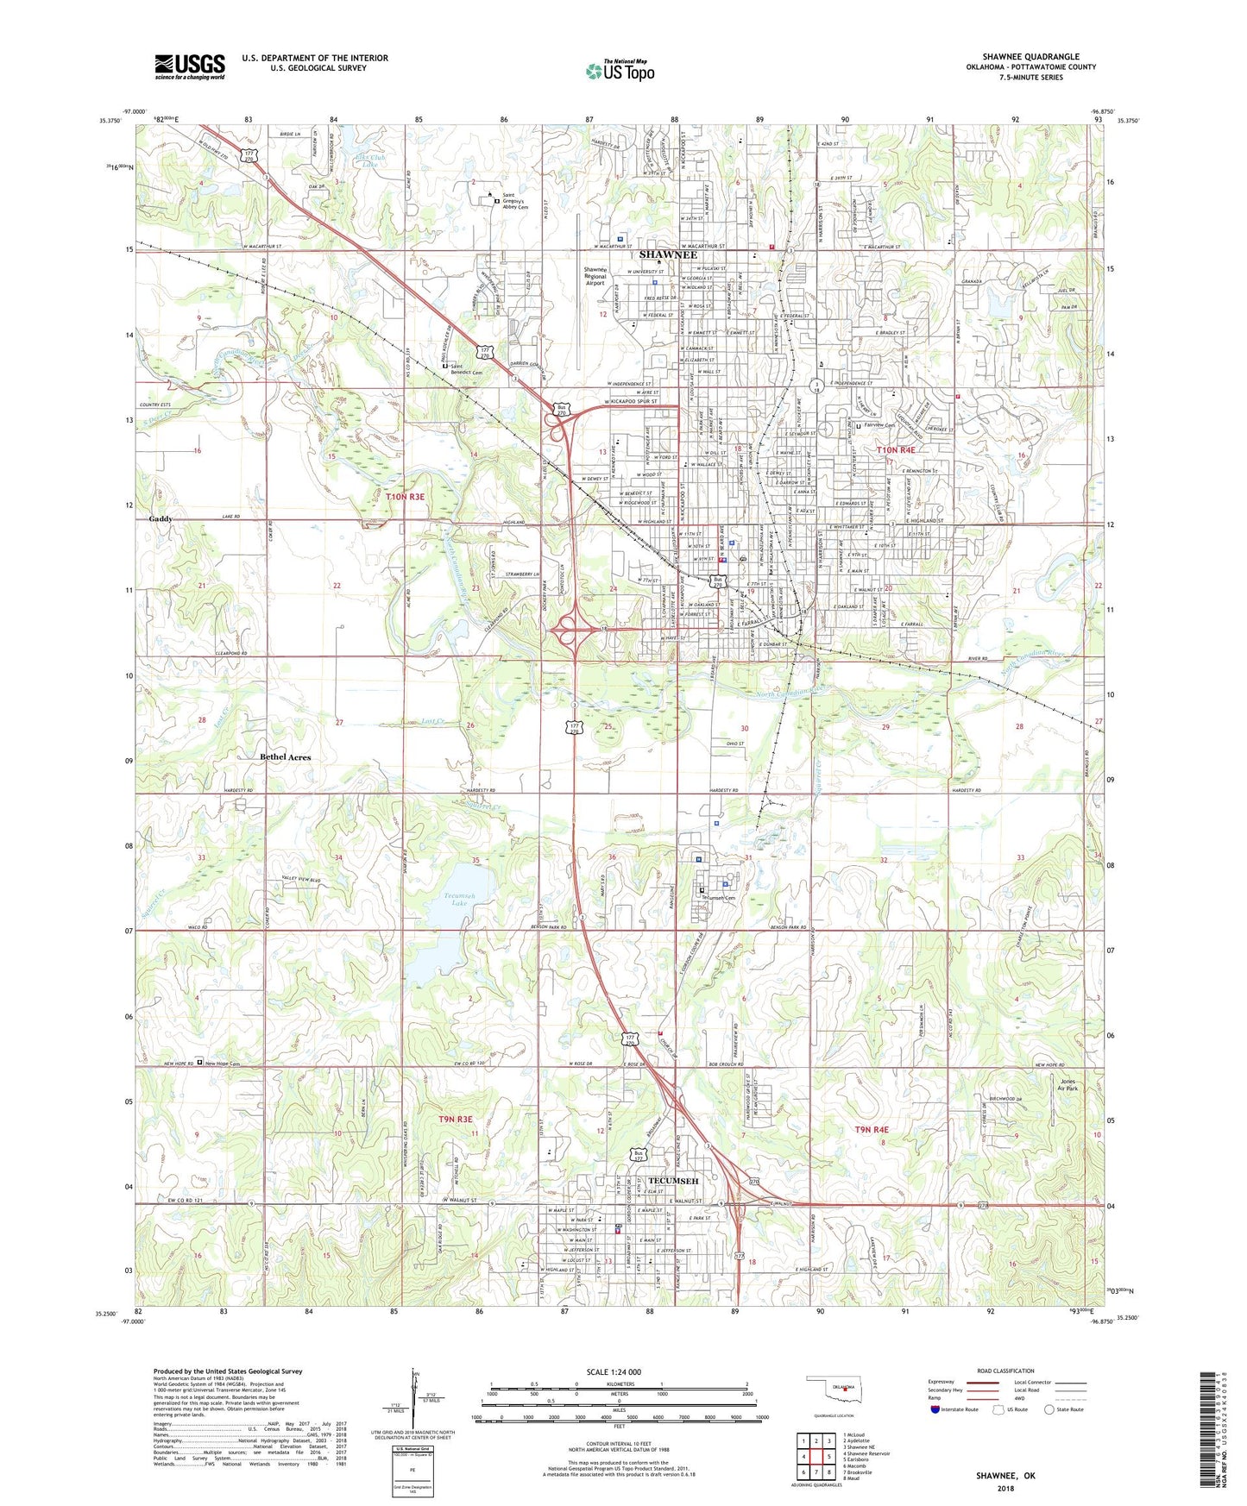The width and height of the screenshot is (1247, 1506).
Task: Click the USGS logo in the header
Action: tap(190, 66)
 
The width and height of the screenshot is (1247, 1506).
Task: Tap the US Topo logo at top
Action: tap(620, 71)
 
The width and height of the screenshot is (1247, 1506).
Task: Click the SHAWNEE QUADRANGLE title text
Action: tap(1030, 57)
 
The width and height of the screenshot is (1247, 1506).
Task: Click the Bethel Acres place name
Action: tap(285, 757)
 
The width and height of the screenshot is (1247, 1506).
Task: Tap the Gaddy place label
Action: tap(161, 519)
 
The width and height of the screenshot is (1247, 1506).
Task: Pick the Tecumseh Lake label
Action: tap(459, 899)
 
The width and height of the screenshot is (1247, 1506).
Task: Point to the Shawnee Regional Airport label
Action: tap(595, 276)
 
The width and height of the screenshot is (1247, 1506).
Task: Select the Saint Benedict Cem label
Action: tap(465, 369)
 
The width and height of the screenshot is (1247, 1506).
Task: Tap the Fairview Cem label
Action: tap(879, 426)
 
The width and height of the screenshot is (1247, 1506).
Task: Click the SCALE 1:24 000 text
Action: tap(614, 1372)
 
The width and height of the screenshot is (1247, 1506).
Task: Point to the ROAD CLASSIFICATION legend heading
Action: tap(1005, 1371)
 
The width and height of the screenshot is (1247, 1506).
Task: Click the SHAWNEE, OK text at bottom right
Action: tap(1005, 1476)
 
